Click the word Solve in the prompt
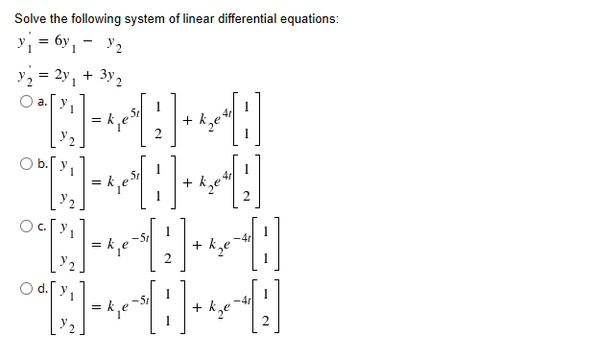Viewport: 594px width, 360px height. [x=31, y=19]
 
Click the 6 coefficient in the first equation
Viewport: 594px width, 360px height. [x=61, y=43]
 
